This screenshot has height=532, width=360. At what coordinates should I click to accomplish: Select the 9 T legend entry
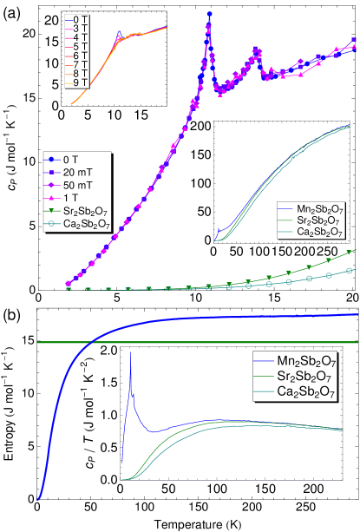click(82, 84)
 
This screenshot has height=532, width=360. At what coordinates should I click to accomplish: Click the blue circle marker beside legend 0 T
click(53, 159)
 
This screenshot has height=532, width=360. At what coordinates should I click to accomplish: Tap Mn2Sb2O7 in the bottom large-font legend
click(306, 360)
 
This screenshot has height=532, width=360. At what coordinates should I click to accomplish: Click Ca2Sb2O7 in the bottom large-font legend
click(306, 393)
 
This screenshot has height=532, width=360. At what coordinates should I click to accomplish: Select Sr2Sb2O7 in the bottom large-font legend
click(306, 377)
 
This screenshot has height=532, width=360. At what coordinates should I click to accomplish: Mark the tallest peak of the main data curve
click(209, 15)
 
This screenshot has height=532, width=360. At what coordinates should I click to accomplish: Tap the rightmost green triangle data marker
click(351, 252)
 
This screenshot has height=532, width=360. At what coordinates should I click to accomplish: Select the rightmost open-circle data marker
click(350, 271)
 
